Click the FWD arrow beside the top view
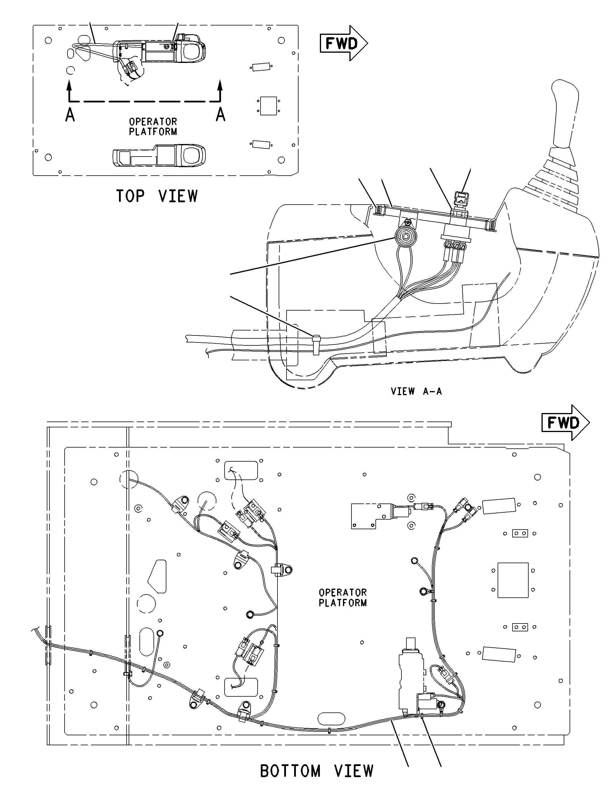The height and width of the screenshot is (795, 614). point(344,43)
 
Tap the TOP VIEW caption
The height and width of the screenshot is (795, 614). point(157,196)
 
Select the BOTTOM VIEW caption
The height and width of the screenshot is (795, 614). point(317,771)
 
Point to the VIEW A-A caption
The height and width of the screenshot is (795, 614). point(416,391)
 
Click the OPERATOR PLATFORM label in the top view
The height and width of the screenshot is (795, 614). point(153,126)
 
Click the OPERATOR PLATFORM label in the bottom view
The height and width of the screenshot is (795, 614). point(343,597)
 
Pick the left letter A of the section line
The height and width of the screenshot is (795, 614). point(70,115)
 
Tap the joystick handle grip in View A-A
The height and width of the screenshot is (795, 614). point(565,114)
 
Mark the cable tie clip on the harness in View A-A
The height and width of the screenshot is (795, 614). point(316,345)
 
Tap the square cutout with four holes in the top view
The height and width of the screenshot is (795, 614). point(269,106)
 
